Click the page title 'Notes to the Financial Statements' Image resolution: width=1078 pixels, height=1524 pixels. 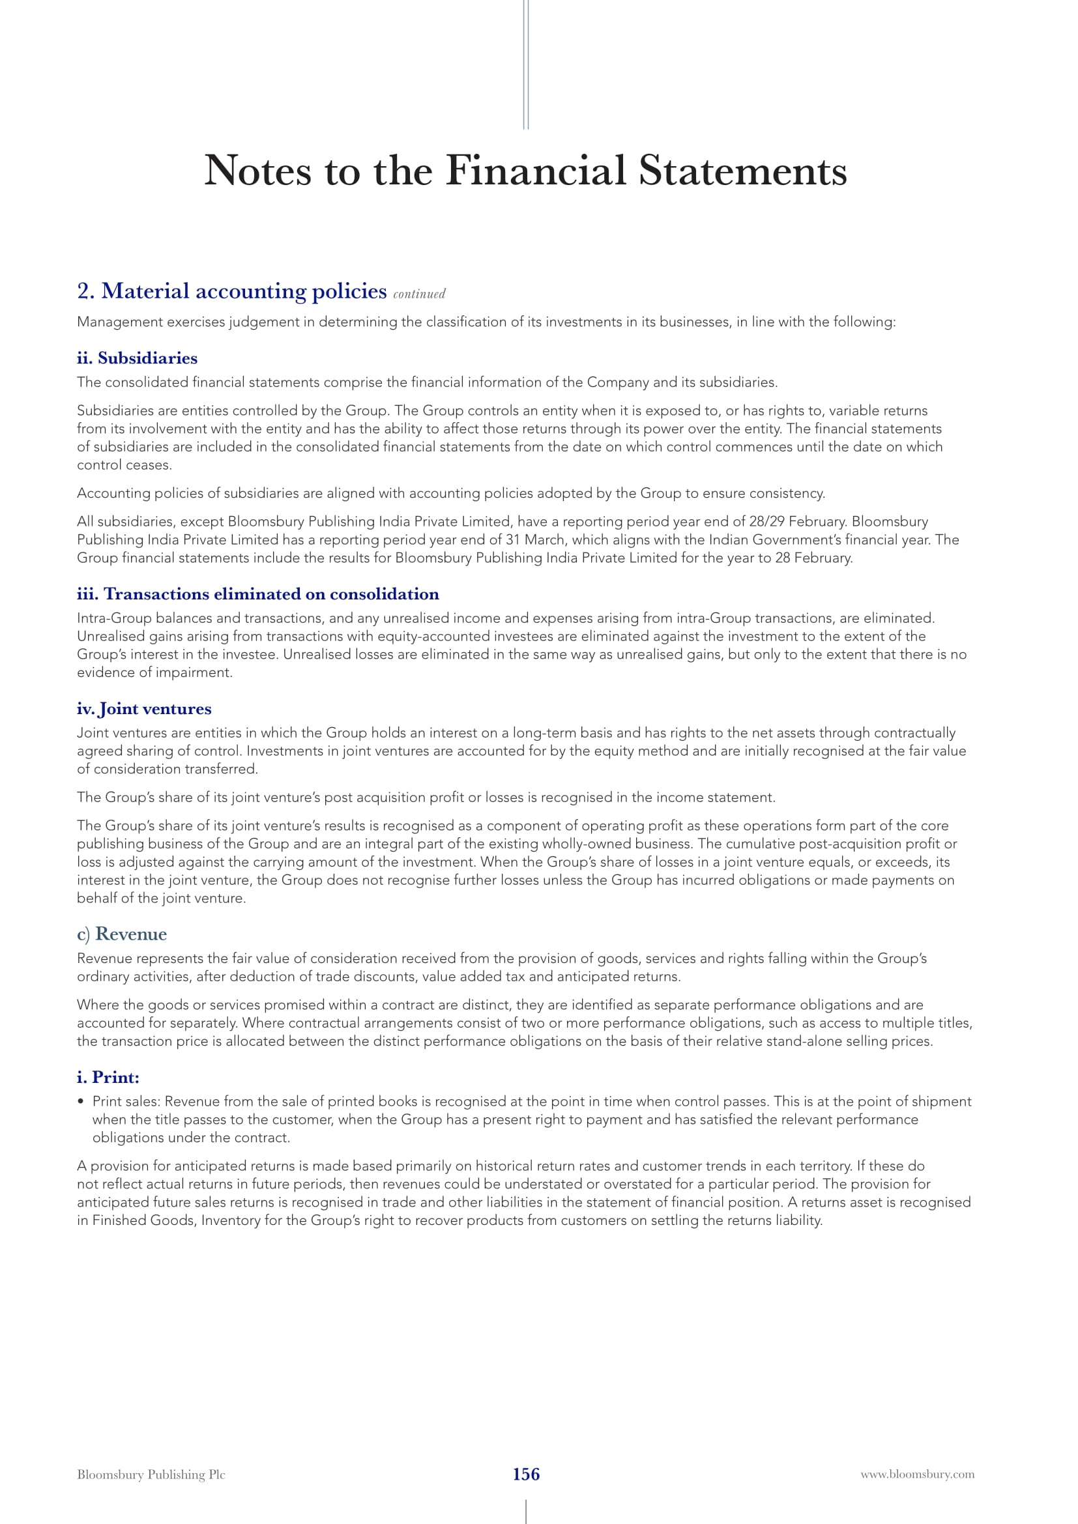pyautogui.click(x=525, y=171)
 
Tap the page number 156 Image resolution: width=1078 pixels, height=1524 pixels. pyautogui.click(x=526, y=1474)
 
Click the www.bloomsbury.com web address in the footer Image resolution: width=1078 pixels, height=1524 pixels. pyautogui.click(x=918, y=1474)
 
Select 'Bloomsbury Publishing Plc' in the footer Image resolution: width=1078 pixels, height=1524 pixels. pyautogui.click(x=151, y=1474)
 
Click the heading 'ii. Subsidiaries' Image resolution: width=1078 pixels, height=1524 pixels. pyautogui.click(x=137, y=358)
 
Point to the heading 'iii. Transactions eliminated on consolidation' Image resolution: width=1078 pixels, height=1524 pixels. pyautogui.click(x=257, y=594)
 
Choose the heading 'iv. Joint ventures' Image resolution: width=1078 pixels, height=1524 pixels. pyautogui.click(x=144, y=709)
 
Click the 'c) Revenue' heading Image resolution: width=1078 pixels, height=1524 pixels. pyautogui.click(x=121, y=934)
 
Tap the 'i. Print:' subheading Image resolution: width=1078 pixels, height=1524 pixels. pyautogui.click(x=108, y=1077)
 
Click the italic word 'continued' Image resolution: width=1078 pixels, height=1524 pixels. pyautogui.click(x=419, y=294)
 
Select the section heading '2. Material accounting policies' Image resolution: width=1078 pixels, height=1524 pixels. pyautogui.click(x=231, y=291)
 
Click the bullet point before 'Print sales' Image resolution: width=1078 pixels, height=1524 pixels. pyautogui.click(x=81, y=1102)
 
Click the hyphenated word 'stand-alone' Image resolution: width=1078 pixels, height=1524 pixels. pyautogui.click(x=803, y=1041)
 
